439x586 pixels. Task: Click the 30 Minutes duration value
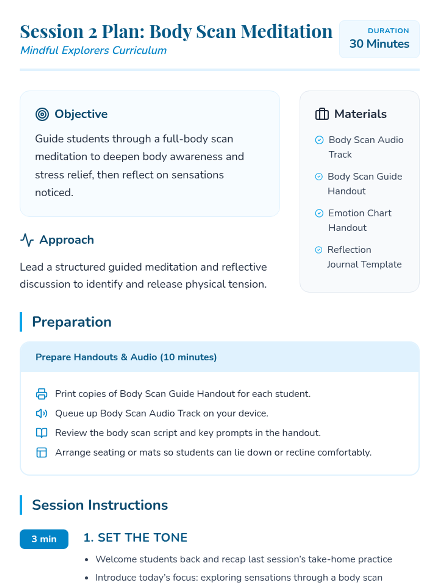coord(379,44)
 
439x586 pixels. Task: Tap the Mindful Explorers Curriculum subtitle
coord(93,50)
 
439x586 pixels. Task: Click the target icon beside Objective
coord(42,114)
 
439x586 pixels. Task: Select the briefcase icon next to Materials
coord(322,114)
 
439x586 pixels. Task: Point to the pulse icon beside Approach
coord(27,240)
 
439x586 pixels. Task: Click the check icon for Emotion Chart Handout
coord(319,213)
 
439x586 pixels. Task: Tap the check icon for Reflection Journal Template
coord(319,250)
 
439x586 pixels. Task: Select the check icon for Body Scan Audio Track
coord(319,140)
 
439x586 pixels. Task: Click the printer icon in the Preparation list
coord(42,394)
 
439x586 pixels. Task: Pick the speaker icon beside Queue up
coord(42,413)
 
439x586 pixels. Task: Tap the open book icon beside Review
coord(42,433)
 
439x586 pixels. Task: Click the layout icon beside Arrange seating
coord(42,453)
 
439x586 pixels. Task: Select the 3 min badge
coord(44,539)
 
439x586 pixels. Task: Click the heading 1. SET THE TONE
coord(135,538)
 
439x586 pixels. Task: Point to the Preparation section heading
coord(72,322)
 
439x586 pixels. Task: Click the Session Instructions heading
coord(100,505)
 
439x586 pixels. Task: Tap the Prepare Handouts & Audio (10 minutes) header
coord(126,357)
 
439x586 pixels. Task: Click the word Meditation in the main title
coord(286,31)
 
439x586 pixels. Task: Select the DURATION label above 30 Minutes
coord(388,31)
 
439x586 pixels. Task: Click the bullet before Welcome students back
coord(87,560)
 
